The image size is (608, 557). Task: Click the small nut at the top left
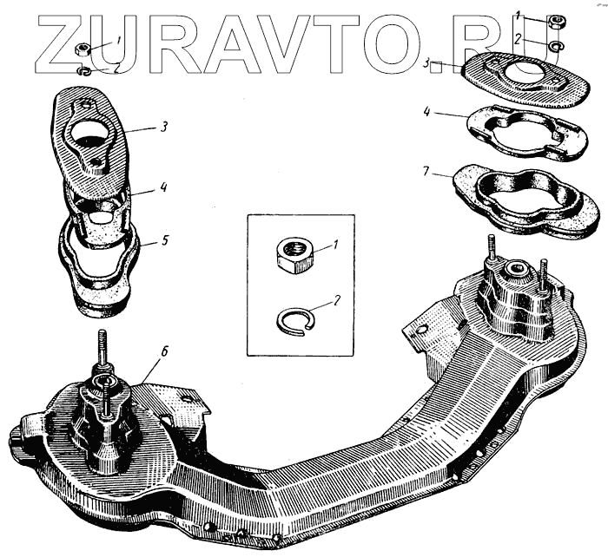(x=83, y=49)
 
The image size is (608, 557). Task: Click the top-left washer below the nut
(x=84, y=71)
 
